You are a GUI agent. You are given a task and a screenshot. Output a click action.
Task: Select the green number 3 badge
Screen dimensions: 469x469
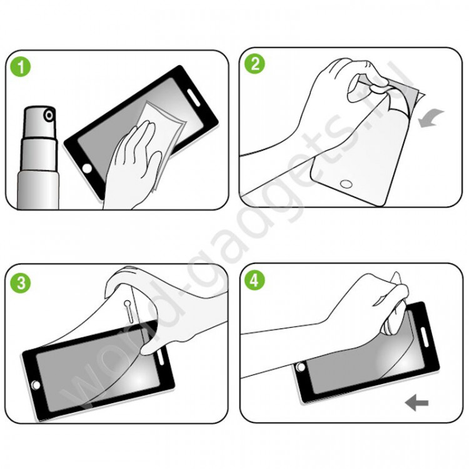click(23, 282)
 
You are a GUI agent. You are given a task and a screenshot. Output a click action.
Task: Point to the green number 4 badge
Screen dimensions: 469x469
click(255, 281)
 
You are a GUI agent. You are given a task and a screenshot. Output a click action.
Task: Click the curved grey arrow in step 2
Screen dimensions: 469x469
click(432, 118)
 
